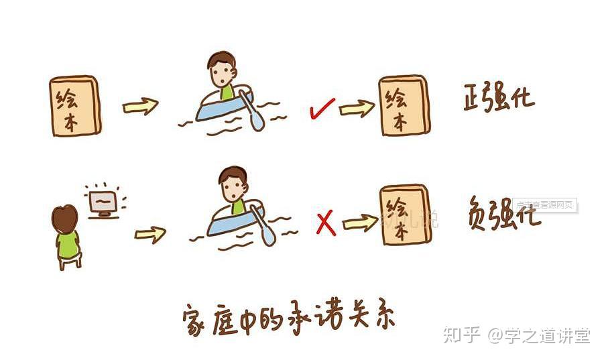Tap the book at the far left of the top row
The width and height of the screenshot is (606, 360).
75,105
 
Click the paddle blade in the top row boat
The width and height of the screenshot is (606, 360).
257,120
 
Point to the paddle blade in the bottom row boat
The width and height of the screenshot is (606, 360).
268,234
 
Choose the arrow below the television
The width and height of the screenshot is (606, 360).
150,234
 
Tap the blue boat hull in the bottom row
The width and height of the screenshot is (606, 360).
228,225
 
